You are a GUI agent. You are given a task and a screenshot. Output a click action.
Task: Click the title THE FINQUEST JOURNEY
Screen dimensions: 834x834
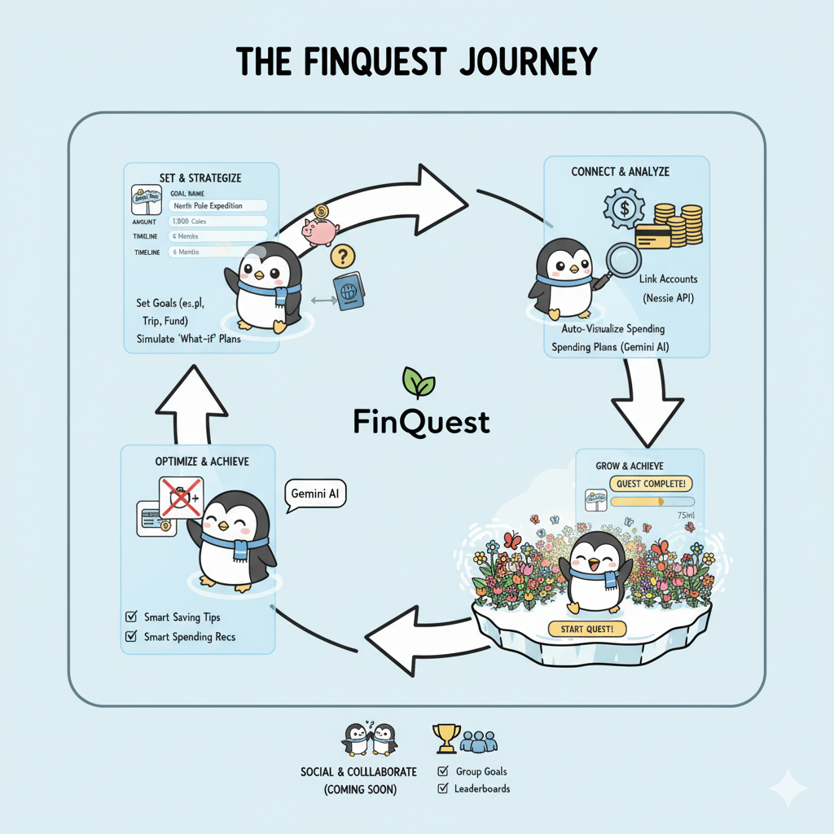pyautogui.click(x=416, y=63)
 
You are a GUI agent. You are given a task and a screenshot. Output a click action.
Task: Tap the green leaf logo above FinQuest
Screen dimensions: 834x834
pyautogui.click(x=419, y=382)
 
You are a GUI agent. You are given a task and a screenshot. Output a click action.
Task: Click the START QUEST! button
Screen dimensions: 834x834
pyautogui.click(x=586, y=628)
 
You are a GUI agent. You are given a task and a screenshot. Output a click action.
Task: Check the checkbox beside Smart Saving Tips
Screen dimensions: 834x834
pyautogui.click(x=129, y=617)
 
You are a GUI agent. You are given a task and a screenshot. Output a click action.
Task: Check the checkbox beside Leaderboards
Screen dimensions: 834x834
pyautogui.click(x=443, y=788)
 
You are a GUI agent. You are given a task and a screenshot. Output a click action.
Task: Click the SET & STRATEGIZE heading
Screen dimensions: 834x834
pyautogui.click(x=201, y=178)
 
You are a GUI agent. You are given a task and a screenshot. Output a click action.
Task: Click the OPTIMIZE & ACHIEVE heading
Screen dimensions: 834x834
pyautogui.click(x=202, y=461)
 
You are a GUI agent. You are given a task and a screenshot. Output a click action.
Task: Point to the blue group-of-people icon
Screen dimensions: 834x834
pyautogui.click(x=478, y=741)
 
